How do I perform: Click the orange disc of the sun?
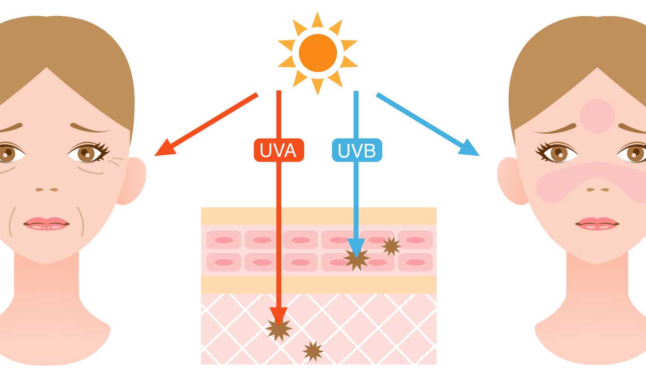(x=318, y=53)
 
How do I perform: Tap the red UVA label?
(x=279, y=150)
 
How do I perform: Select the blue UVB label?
(x=357, y=150)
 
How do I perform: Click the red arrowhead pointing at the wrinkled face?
(x=163, y=150)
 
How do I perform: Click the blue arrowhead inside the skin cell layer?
(x=356, y=247)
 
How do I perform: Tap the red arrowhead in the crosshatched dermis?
(x=278, y=316)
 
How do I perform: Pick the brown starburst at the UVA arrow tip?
(x=278, y=329)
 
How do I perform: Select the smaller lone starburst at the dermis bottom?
(x=313, y=351)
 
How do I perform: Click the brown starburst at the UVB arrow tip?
(x=356, y=259)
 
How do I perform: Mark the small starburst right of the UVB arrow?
(x=391, y=246)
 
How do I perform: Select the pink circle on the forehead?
(x=597, y=116)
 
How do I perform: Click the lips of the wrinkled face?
(x=47, y=224)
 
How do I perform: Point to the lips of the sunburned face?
(x=597, y=223)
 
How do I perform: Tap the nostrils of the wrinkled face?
(x=47, y=189)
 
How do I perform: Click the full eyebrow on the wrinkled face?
(x=90, y=128)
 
